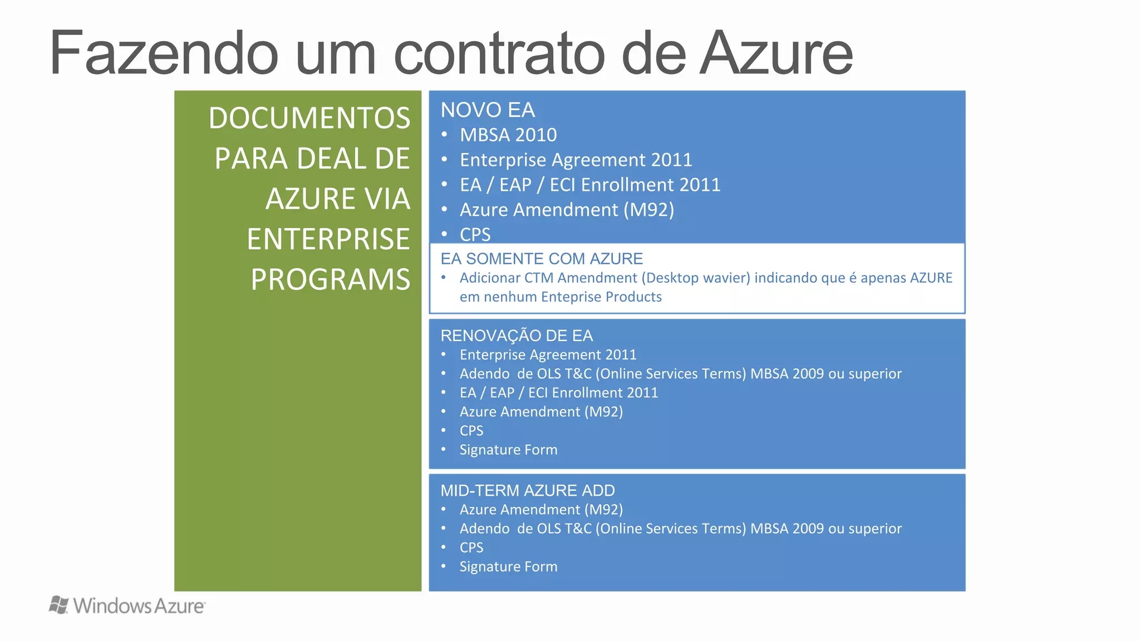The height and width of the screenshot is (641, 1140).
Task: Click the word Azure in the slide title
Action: [x=777, y=53]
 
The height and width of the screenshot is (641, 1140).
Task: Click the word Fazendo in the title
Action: [x=164, y=53]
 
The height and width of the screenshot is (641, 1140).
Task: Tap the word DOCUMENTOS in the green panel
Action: [x=309, y=118]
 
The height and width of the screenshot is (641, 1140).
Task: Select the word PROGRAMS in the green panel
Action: [x=330, y=279]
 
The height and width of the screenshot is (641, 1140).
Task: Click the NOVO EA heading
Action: [x=488, y=110]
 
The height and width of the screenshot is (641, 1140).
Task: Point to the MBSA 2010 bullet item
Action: [x=508, y=135]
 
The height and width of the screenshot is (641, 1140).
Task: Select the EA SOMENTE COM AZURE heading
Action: [x=542, y=259]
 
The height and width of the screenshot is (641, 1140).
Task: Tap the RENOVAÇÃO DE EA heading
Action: [x=517, y=336]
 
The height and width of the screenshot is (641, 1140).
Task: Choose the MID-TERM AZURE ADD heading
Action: [x=528, y=490]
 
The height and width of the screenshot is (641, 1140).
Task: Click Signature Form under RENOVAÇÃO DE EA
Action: [x=508, y=450]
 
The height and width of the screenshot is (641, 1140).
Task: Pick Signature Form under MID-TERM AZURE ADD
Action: [x=508, y=566]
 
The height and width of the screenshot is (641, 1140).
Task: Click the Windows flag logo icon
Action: [x=58, y=605]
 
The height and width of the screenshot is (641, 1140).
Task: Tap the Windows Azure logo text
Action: [x=139, y=606]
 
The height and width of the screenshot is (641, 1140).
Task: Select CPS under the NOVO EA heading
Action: [x=475, y=235]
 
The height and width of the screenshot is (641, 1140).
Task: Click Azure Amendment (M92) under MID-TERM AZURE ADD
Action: [x=541, y=510]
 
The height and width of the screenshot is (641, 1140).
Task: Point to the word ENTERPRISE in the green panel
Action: [x=328, y=239]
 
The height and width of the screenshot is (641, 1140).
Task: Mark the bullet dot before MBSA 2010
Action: [x=444, y=134]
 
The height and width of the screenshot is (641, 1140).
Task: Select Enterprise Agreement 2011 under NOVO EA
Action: [x=576, y=160]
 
